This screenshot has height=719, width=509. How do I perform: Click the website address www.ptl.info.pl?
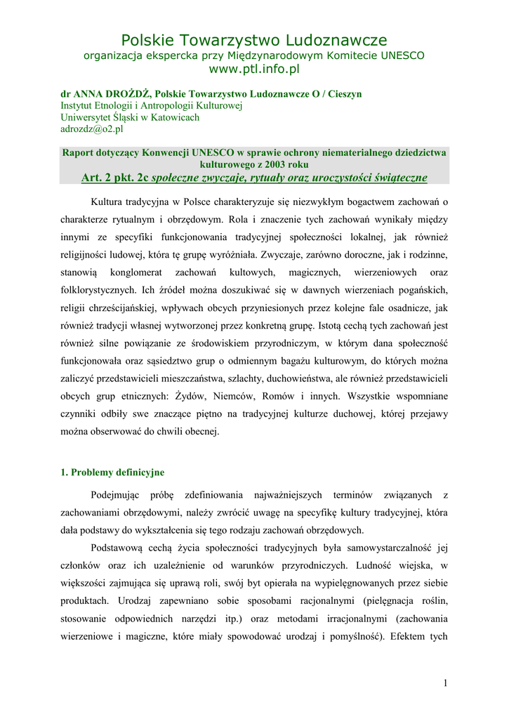pos(254,70)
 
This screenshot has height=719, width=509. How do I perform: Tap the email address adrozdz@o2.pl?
pos(92,129)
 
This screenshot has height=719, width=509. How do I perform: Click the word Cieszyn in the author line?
pos(342,93)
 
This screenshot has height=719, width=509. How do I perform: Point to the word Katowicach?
pos(173,117)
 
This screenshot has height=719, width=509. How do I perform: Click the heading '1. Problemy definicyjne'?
pos(112,473)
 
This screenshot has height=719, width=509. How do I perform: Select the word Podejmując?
pos(117,495)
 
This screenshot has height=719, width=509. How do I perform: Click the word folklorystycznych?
pos(99,289)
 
